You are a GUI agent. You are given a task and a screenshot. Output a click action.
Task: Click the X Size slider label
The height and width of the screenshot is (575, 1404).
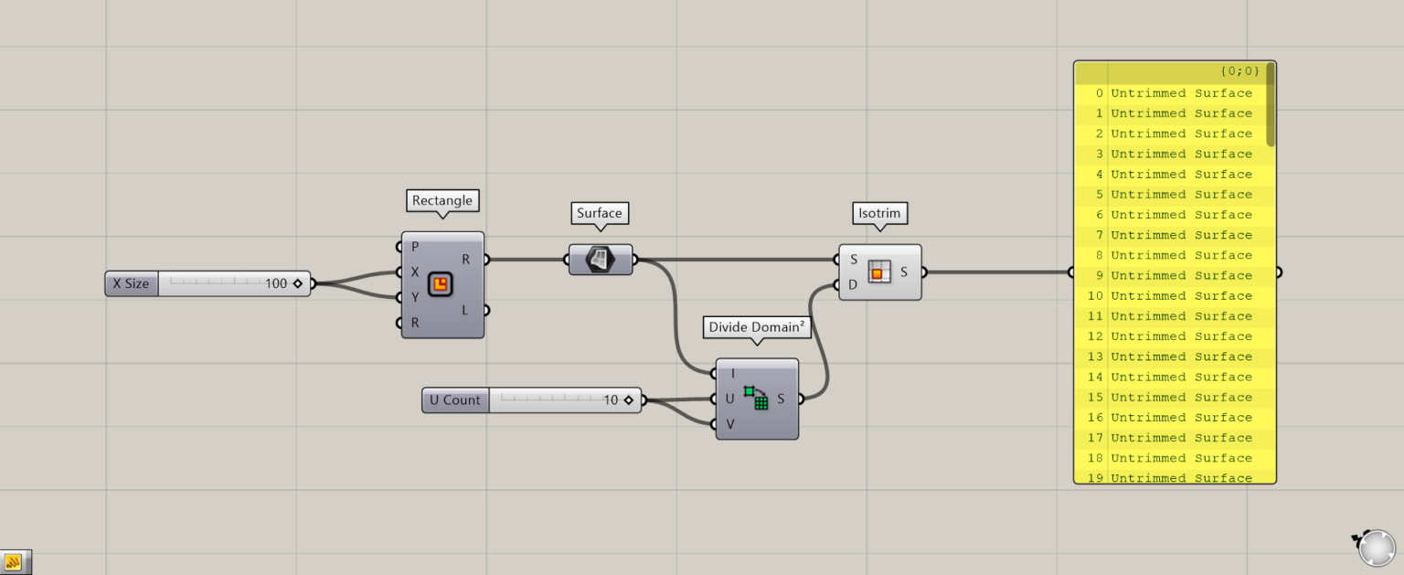[131, 283]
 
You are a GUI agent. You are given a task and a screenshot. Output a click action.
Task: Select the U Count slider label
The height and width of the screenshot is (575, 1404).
[454, 400]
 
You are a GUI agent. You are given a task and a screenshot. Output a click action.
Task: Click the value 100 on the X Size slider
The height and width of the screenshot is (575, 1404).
[276, 283]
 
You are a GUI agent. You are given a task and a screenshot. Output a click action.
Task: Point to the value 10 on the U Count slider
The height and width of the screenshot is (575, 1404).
[611, 400]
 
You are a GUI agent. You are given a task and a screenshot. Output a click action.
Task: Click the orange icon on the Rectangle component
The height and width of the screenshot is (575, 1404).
[440, 284]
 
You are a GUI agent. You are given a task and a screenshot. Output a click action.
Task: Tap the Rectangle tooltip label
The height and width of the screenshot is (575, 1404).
[442, 201]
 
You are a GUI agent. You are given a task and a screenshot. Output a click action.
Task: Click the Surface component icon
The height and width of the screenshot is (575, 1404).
[600, 260]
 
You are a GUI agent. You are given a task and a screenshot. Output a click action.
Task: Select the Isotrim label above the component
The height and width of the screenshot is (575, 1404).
[879, 214]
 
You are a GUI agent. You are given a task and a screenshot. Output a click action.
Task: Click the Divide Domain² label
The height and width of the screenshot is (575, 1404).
[757, 327]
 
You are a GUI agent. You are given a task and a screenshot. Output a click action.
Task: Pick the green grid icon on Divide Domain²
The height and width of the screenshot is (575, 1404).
[756, 398]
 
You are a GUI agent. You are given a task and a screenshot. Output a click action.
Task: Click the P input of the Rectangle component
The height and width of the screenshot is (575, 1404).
[414, 247]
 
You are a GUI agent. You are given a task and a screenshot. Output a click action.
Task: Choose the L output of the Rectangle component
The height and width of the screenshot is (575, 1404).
[464, 310]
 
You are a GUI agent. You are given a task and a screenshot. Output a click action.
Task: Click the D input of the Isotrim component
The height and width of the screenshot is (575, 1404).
[853, 284]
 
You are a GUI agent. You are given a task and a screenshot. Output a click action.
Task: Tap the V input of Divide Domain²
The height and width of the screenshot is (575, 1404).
[730, 423]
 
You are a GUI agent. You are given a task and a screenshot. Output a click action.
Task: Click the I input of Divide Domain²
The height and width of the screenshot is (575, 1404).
[733, 373]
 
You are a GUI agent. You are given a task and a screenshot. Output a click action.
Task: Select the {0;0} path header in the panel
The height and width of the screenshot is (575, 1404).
[1239, 71]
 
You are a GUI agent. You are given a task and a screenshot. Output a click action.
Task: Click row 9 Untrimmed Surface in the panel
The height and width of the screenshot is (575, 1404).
[1181, 275]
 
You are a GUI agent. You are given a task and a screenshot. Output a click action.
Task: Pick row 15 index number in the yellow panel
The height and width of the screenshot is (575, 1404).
[1095, 398]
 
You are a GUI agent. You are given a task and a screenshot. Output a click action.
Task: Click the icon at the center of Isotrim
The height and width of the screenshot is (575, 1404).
[879, 272]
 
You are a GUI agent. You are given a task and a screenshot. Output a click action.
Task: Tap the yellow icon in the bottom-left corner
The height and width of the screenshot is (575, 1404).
[14, 562]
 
